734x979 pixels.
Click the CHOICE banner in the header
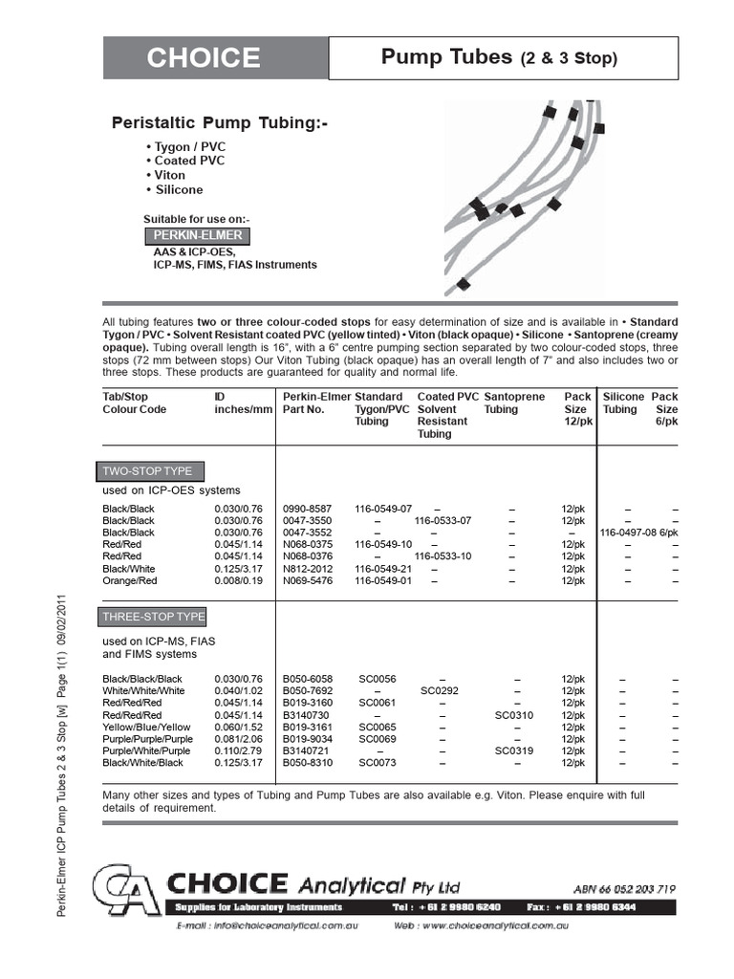coord(203,58)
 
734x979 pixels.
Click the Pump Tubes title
coord(499,57)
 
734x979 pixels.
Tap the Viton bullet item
coord(168,175)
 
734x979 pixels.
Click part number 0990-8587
coord(308,508)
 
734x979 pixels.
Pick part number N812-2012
coord(308,568)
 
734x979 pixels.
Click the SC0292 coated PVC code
coord(441,690)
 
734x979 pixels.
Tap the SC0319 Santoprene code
coord(514,751)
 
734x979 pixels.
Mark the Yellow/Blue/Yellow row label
coord(146,727)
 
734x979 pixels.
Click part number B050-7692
coord(308,690)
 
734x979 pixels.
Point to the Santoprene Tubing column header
coord(514,402)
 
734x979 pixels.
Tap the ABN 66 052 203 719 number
coord(625,887)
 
